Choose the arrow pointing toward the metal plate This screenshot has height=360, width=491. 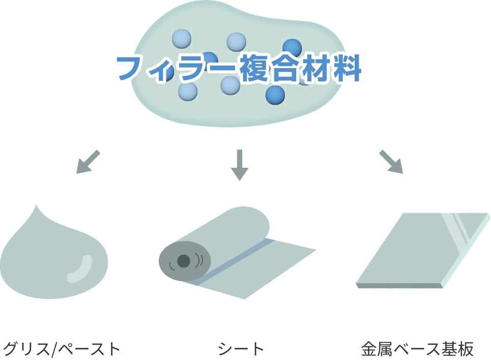(391, 162)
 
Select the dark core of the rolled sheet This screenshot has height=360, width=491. (183, 261)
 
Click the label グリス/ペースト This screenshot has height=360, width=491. (61, 349)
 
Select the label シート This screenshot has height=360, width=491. (241, 349)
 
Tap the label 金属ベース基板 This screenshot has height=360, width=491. (417, 349)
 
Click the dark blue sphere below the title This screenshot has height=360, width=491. (275, 95)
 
